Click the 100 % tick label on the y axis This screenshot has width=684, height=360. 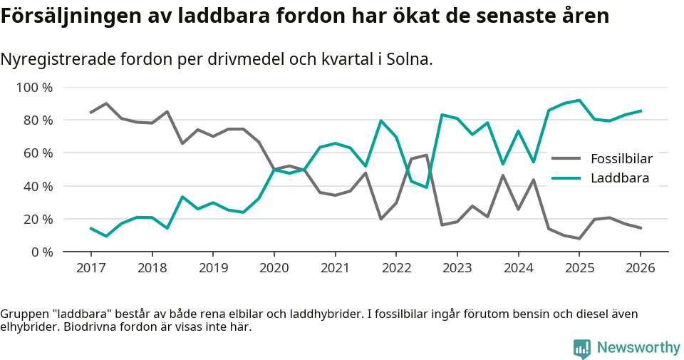pyautogui.click(x=34, y=88)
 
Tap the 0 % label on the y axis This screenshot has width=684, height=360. pyautogui.click(x=41, y=252)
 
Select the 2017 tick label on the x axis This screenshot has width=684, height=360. pyautogui.click(x=90, y=268)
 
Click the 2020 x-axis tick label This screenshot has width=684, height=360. pyautogui.click(x=274, y=268)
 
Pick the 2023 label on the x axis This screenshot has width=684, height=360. pyautogui.click(x=457, y=268)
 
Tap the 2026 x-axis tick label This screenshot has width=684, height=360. pyautogui.click(x=640, y=268)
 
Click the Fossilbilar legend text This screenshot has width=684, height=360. pyautogui.click(x=621, y=158)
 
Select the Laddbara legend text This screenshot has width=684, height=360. pyautogui.click(x=620, y=178)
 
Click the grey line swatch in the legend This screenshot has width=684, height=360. pyautogui.click(x=566, y=158)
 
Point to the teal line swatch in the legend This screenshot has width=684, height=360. pyautogui.click(x=566, y=178)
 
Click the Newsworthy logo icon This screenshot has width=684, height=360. pyautogui.click(x=582, y=348)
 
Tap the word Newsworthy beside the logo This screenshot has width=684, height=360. pyautogui.click(x=638, y=348)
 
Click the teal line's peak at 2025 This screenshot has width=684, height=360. pyautogui.click(x=579, y=101)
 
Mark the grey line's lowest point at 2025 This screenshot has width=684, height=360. pyautogui.click(x=579, y=238)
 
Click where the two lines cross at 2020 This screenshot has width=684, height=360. pyautogui.click(x=274, y=169)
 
